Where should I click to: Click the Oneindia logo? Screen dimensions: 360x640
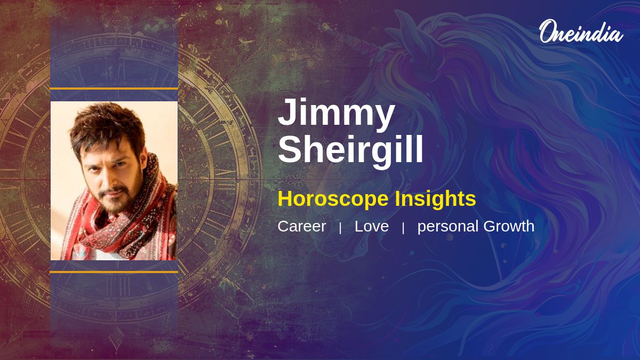point(580,32)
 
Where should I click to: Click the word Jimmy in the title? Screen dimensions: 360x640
point(336,113)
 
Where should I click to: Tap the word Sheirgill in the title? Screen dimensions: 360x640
point(350,150)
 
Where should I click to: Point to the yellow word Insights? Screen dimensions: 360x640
point(435,199)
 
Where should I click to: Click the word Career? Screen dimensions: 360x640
point(301,226)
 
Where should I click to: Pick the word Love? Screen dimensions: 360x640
point(371,226)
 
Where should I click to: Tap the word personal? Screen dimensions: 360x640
point(448,227)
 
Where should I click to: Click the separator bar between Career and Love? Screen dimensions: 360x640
point(340,228)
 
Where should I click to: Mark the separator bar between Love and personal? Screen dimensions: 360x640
point(403,228)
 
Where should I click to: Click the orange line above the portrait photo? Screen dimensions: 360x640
point(114,89)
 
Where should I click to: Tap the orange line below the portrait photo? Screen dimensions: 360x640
point(114,272)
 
